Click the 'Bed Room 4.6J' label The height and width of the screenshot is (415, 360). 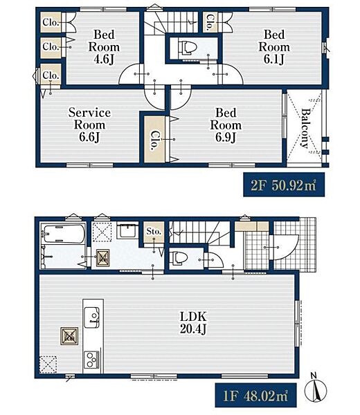pyautogui.click(x=104, y=47)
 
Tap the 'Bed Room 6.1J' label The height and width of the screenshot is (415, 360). pyautogui.click(x=274, y=47)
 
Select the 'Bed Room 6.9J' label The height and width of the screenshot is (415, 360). pyautogui.click(x=226, y=125)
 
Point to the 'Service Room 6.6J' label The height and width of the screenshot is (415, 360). pyautogui.click(x=89, y=125)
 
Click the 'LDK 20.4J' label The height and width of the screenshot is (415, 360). pyautogui.click(x=193, y=322)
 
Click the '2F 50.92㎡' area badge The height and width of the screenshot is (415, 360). pyautogui.click(x=284, y=185)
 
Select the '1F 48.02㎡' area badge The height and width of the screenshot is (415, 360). pyautogui.click(x=255, y=395)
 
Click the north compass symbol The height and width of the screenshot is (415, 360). pyautogui.click(x=316, y=389)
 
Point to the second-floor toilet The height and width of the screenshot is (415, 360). pyautogui.click(x=188, y=48)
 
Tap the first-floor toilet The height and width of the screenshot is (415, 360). pyautogui.click(x=179, y=258)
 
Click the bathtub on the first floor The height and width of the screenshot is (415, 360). pyautogui.click(x=64, y=234)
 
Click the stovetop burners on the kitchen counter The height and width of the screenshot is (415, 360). pyautogui.click(x=92, y=360)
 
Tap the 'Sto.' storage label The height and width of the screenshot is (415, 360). pyautogui.click(x=154, y=231)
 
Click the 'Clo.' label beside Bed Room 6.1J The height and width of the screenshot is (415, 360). pyautogui.click(x=210, y=22)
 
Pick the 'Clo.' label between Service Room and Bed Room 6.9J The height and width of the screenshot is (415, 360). pyautogui.click(x=154, y=140)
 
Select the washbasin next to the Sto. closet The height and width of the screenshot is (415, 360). pyautogui.click(x=127, y=231)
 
